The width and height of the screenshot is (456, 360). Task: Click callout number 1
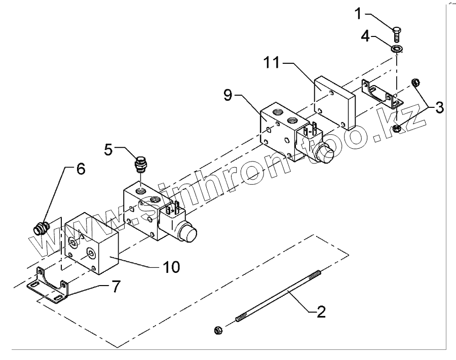[x=359, y=13]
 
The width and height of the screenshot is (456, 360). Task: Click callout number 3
[x=439, y=107]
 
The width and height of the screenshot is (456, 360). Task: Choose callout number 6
[x=81, y=169]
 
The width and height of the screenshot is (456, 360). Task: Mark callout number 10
[x=172, y=267]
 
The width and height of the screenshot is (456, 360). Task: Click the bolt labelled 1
[x=396, y=34]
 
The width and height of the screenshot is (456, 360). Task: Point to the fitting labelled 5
[x=139, y=165]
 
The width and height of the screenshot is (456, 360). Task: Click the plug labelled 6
[x=40, y=228]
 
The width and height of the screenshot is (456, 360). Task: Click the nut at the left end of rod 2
[x=218, y=330]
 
